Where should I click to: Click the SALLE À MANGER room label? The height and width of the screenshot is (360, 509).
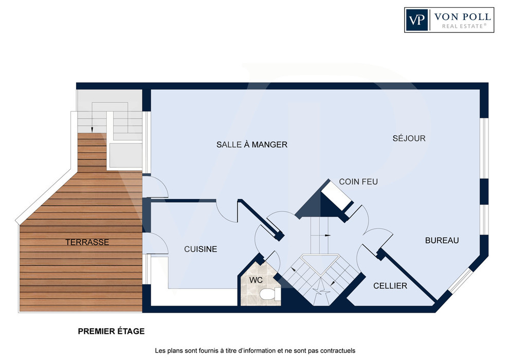coord(252,145)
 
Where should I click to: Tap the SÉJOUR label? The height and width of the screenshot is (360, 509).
coord(409,138)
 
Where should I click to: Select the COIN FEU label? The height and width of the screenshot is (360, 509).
coord(358,182)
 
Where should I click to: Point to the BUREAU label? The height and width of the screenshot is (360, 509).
coord(442,241)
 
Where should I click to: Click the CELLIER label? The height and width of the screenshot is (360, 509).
coord(390,285)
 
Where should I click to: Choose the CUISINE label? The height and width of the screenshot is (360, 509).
coord(201,249)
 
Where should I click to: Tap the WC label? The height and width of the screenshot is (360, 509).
coord(256,280)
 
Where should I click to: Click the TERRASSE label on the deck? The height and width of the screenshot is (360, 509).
coord(87,242)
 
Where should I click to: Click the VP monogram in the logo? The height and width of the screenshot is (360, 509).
coord(417,20)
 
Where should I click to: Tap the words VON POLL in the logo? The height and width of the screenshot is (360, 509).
coord(462,16)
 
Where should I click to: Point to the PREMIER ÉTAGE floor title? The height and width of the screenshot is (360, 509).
coord(112,331)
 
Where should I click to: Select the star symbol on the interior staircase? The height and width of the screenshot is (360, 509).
coord(321,288)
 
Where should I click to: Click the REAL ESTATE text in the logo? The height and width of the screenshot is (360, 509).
coord(464,26)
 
